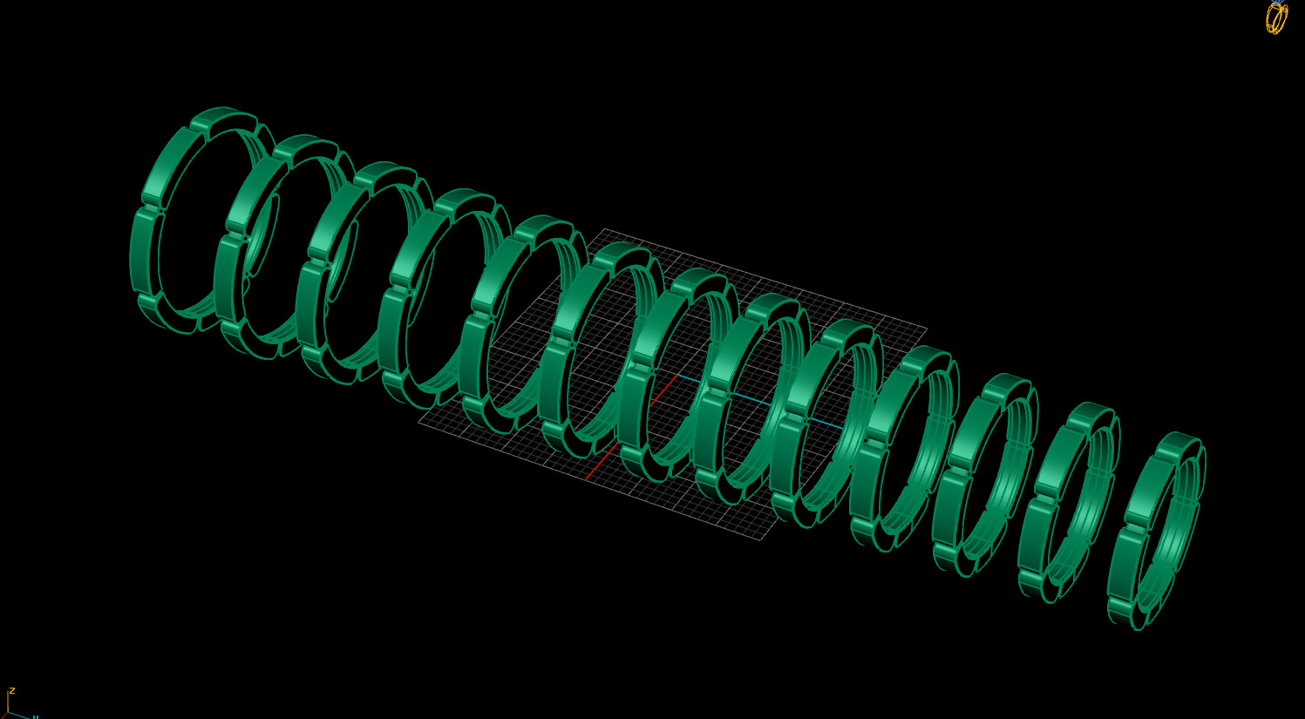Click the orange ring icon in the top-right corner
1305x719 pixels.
(x=1276, y=17)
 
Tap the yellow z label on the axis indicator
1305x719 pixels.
(x=12, y=690)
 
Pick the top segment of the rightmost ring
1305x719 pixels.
(x=1181, y=442)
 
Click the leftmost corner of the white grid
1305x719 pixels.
(x=418, y=423)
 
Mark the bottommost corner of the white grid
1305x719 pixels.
(x=763, y=539)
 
